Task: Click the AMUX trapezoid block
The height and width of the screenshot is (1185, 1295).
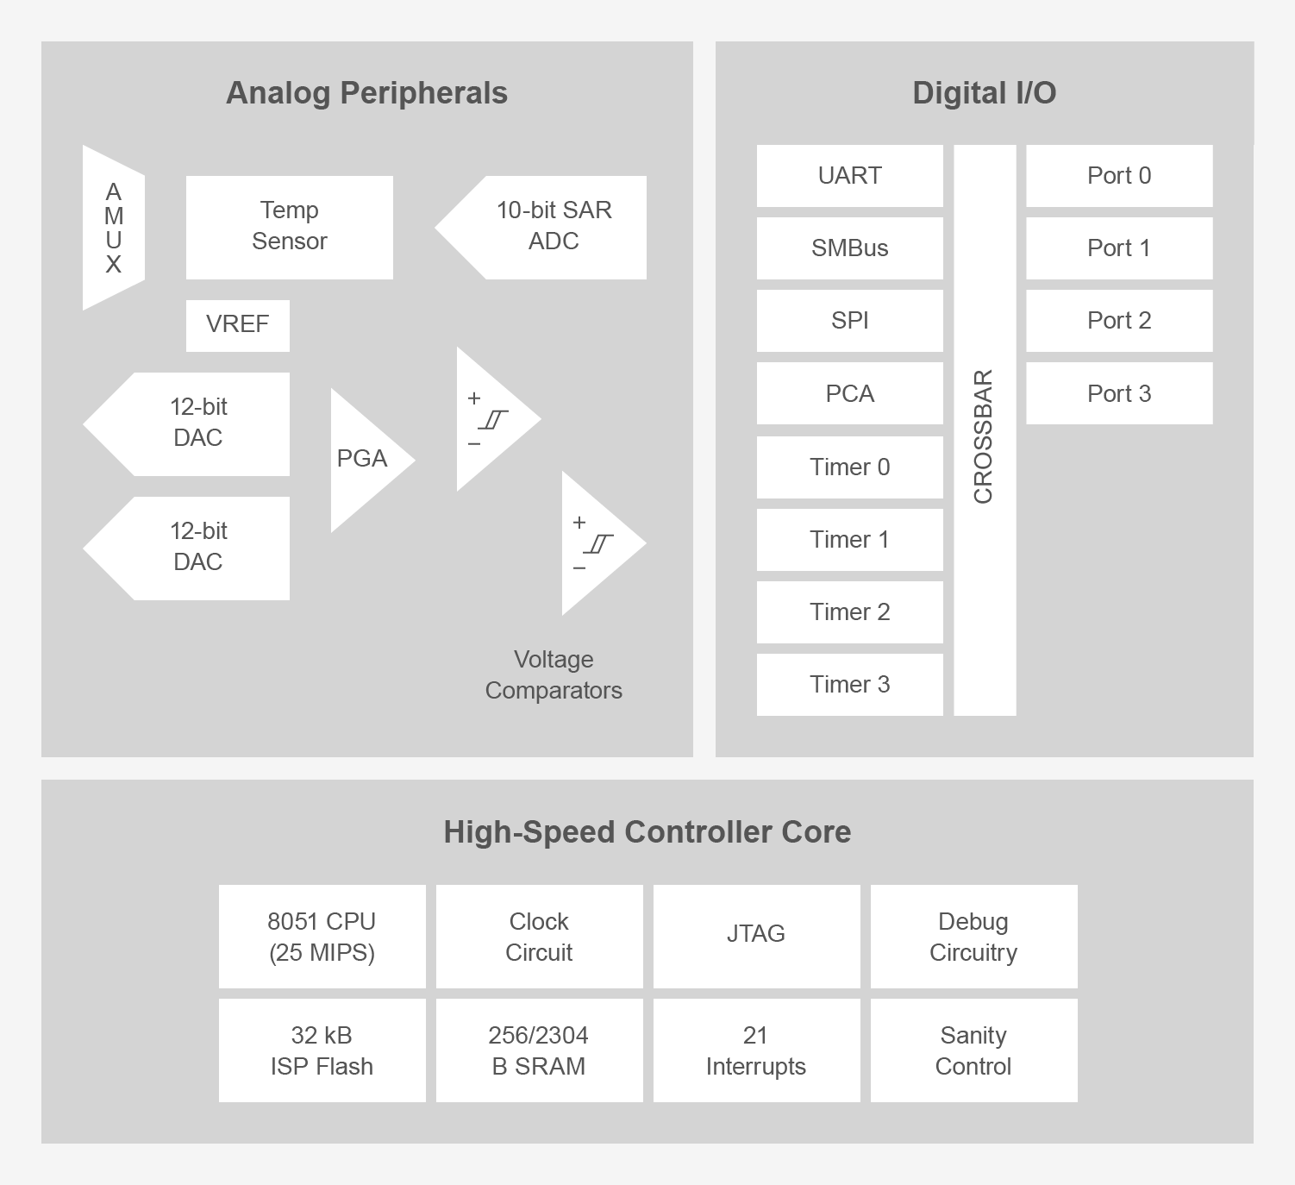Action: tap(113, 228)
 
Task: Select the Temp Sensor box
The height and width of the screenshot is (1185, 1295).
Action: tap(289, 227)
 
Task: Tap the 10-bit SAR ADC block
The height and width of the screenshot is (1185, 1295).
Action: tap(552, 227)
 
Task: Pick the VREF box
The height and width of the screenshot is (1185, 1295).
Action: tap(237, 325)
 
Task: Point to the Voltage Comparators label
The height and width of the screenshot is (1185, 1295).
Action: tap(554, 674)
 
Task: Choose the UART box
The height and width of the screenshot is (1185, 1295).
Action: tap(849, 176)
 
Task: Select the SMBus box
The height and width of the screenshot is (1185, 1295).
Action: tap(849, 248)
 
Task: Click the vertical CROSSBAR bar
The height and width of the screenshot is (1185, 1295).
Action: tap(985, 431)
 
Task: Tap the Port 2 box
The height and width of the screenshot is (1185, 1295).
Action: tap(1119, 321)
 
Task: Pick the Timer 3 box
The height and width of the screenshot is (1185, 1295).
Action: tap(849, 685)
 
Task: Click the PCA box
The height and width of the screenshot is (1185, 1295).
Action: tap(849, 393)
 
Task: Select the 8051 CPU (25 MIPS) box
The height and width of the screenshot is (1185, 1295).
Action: tap(322, 937)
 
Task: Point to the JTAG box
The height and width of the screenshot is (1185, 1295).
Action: tap(756, 937)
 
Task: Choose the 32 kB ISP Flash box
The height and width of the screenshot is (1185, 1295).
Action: tap(322, 1050)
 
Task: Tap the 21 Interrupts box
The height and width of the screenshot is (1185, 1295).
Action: tap(756, 1050)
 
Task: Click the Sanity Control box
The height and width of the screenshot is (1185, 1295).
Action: tap(973, 1050)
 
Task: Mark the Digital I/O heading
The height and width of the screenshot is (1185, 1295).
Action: tap(984, 93)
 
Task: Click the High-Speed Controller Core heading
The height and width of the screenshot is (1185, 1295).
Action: tap(647, 832)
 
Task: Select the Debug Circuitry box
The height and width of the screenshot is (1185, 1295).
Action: tap(973, 937)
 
